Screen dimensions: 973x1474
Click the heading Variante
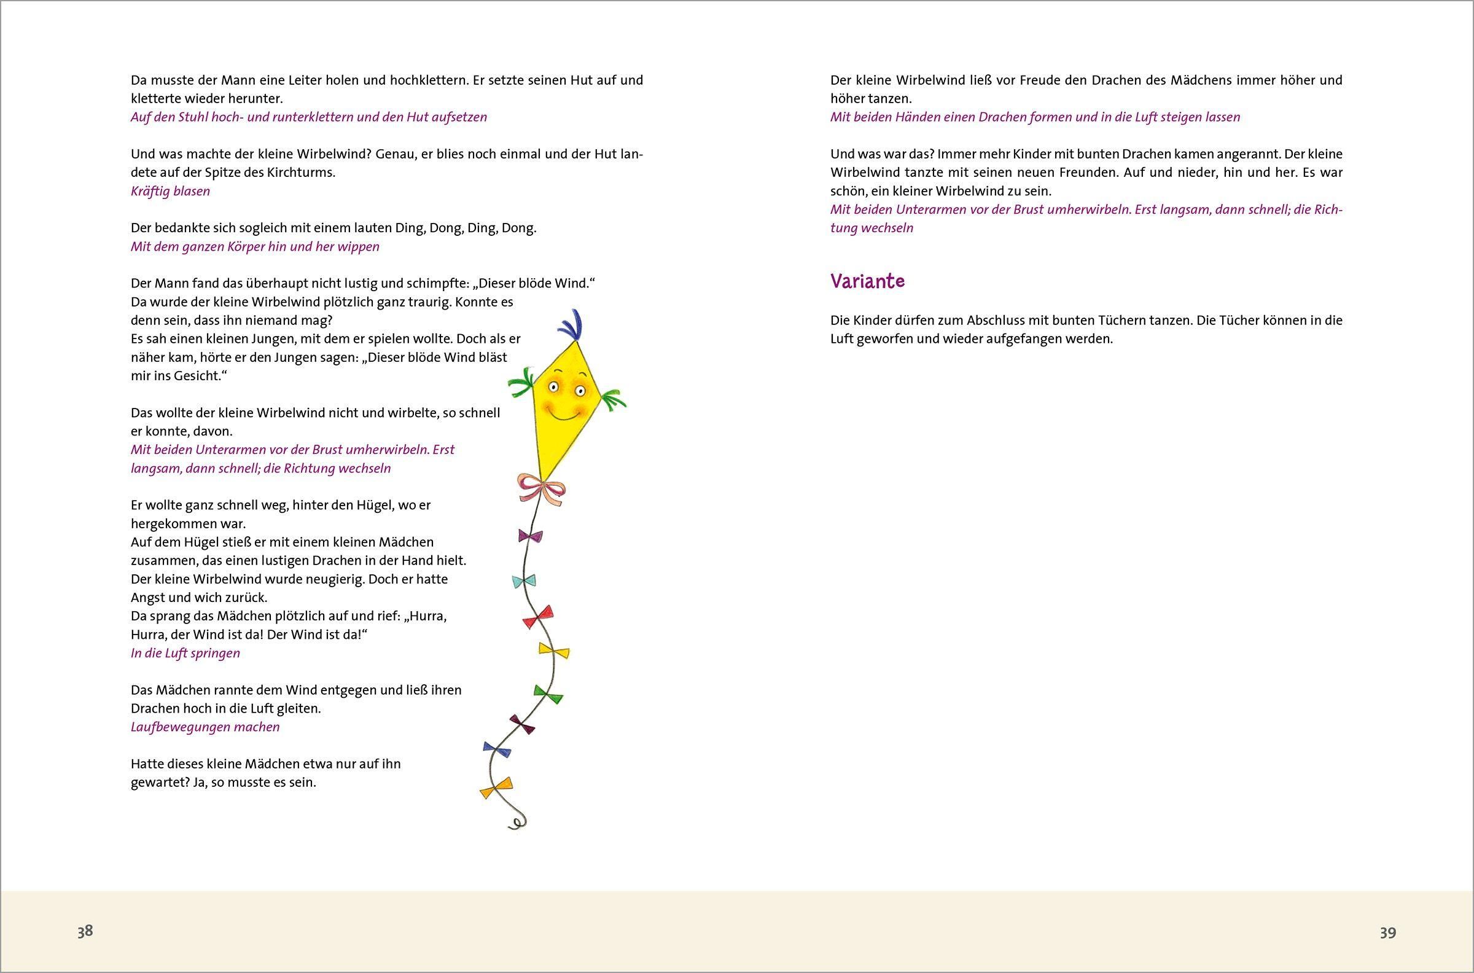point(867,282)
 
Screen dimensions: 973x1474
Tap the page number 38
point(85,931)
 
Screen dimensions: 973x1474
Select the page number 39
point(1388,932)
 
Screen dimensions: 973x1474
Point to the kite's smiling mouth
point(563,415)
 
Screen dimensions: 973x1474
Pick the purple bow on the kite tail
point(530,536)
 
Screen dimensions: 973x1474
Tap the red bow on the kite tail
point(538,617)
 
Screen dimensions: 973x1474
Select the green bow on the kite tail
point(548,694)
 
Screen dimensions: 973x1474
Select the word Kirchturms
point(302,173)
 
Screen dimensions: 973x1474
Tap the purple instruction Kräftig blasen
point(170,191)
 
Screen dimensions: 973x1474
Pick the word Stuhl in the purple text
point(195,117)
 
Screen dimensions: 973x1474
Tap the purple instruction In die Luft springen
point(185,653)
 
